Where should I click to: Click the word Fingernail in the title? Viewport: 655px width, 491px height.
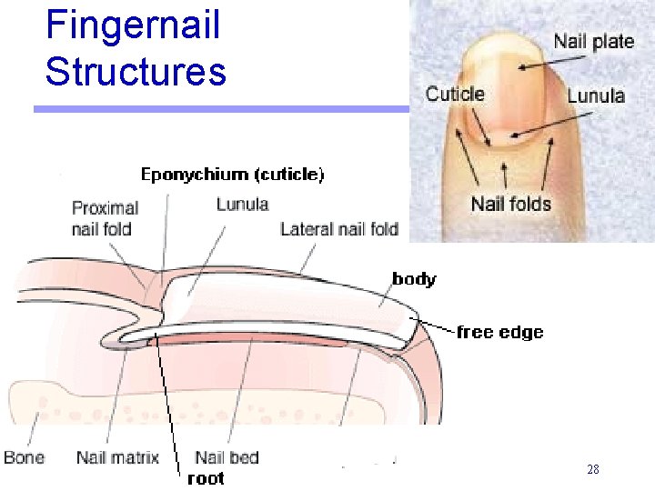point(133,25)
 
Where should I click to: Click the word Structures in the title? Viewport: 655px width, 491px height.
point(136,71)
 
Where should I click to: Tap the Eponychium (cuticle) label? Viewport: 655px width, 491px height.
point(232,174)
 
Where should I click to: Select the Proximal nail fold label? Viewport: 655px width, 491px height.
point(105,218)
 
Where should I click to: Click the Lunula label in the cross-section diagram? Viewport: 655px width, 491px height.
point(242,204)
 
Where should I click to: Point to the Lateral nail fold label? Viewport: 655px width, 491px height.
point(339,229)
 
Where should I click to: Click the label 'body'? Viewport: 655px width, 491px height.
point(414,279)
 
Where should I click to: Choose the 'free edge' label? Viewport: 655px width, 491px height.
point(499,332)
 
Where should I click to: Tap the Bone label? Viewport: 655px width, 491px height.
point(24,456)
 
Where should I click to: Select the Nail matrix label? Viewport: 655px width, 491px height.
point(117,457)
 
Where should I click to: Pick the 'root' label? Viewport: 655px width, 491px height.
point(206,478)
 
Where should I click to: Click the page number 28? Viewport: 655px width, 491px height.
point(593,470)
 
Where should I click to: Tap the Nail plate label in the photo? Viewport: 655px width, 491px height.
point(593,41)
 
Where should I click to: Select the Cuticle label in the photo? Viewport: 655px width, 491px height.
point(455,94)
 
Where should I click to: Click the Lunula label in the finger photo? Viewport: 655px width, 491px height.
point(596,95)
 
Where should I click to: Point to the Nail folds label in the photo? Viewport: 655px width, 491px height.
point(511,204)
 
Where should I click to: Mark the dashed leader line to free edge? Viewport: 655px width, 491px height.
point(435,325)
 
